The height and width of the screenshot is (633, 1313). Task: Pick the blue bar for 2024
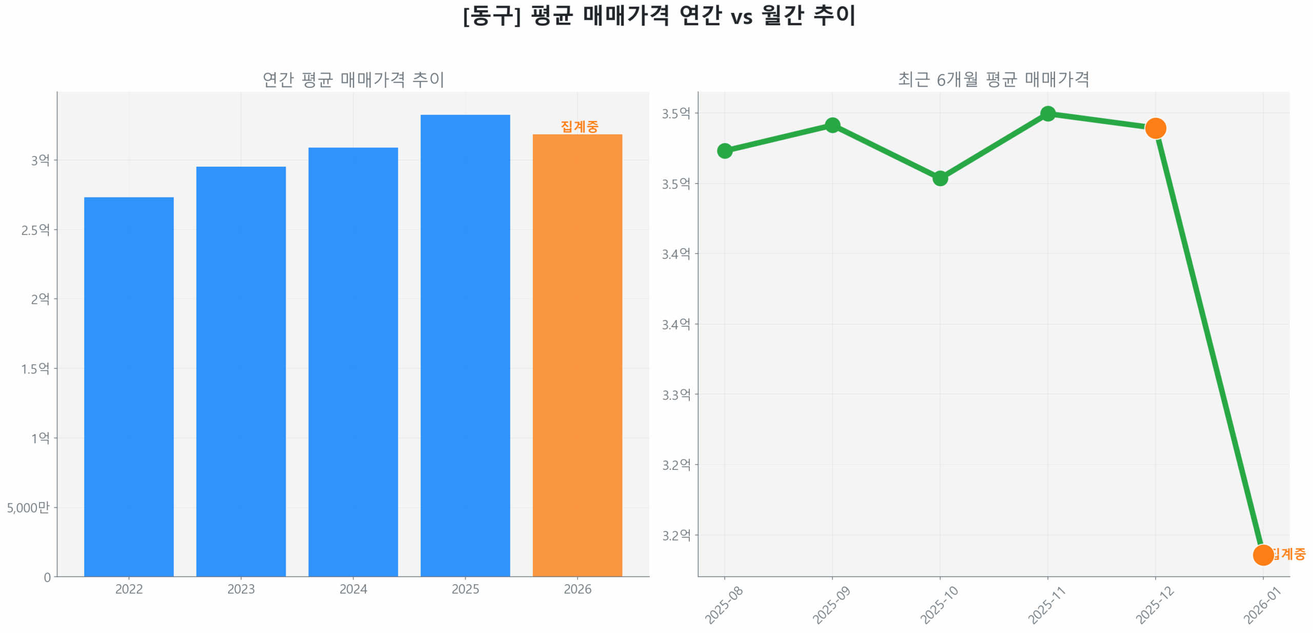tap(353, 361)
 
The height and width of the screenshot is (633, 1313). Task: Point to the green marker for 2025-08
tap(724, 150)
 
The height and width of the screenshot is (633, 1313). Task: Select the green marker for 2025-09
tap(832, 125)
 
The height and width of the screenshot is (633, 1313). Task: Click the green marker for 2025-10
tap(940, 178)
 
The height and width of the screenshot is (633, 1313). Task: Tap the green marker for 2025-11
tap(1047, 113)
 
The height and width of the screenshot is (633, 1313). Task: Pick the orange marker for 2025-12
tap(1155, 128)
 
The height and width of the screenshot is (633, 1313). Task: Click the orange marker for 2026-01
tap(1262, 555)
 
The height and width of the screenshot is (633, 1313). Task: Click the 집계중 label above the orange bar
tap(579, 126)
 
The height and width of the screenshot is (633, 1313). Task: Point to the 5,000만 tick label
tap(28, 507)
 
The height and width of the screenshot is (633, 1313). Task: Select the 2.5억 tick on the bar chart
tap(35, 229)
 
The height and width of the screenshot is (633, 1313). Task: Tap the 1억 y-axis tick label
tap(41, 438)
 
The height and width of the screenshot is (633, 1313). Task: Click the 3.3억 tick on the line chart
tap(676, 394)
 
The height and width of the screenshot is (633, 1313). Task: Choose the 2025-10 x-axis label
tap(939, 605)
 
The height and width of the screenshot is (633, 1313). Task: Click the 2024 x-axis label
tap(353, 588)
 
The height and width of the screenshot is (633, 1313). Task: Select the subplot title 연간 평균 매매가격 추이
tap(353, 79)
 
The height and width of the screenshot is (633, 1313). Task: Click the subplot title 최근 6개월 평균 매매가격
tap(993, 79)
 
